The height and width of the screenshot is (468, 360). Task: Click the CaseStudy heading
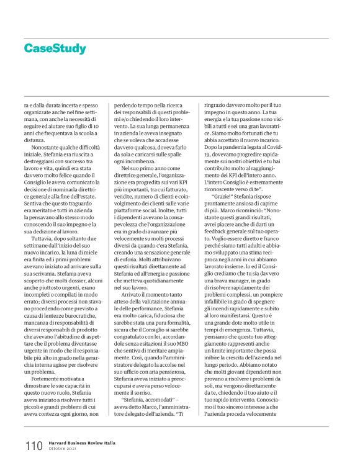(55, 48)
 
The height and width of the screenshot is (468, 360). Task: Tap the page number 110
(34, 446)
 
